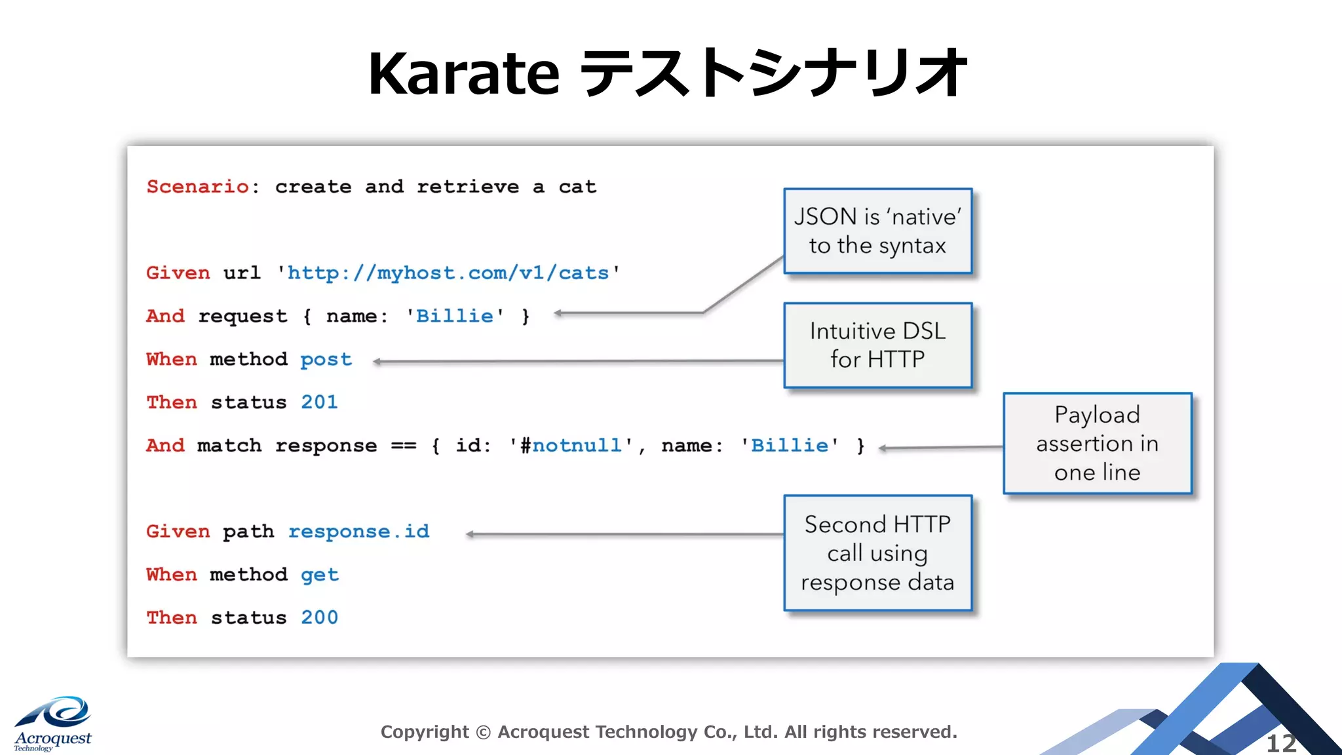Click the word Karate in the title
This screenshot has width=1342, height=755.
[463, 74]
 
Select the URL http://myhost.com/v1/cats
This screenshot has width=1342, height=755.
[448, 273]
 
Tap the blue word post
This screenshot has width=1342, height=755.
[326, 360]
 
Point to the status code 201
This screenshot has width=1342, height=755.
[319, 402]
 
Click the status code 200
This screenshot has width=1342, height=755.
[319, 617]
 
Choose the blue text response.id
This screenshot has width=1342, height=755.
[358, 532]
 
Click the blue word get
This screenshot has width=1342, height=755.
[319, 575]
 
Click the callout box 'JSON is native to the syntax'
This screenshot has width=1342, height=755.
[877, 231]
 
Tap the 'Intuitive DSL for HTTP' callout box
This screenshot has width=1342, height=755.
[877, 345]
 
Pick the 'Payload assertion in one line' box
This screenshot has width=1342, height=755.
[1097, 444]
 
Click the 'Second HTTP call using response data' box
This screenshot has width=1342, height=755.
[877, 553]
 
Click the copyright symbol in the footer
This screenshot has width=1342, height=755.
[483, 732]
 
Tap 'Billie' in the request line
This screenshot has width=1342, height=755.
[455, 317]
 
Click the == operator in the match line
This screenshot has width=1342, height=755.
[403, 446]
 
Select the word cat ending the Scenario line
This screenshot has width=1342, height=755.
[577, 187]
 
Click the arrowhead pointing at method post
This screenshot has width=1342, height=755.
[377, 362]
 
